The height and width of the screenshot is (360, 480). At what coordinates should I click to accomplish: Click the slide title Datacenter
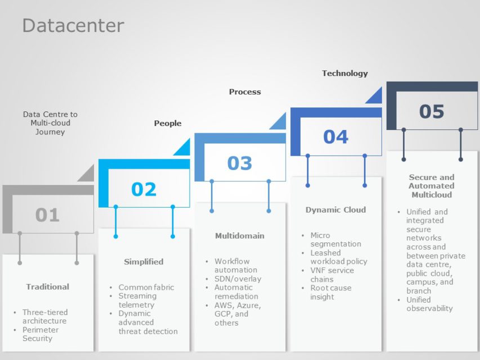73,25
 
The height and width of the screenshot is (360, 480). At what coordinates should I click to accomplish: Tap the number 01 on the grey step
47,214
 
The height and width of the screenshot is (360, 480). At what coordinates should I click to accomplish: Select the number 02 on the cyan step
143,189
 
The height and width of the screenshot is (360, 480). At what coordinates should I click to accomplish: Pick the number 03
240,163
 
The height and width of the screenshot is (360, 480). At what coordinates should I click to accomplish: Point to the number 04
336,137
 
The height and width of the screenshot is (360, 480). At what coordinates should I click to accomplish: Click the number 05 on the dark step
432,111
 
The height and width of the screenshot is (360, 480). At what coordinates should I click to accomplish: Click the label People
168,123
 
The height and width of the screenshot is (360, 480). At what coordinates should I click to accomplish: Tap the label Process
245,92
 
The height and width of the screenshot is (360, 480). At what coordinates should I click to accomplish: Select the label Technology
345,73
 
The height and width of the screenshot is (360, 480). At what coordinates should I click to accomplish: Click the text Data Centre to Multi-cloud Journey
51,123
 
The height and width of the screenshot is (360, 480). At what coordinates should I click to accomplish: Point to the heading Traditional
48,287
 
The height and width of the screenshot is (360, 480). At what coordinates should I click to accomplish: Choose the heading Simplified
143,262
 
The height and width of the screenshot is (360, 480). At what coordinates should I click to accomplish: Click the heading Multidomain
240,236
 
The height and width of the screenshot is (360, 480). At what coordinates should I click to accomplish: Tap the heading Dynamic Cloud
335,210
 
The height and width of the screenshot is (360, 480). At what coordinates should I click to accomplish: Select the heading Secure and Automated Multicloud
432,186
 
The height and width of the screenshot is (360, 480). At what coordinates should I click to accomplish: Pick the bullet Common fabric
146,287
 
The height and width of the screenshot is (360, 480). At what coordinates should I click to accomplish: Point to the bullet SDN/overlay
238,279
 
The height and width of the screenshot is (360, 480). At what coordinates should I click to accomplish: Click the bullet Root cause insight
331,292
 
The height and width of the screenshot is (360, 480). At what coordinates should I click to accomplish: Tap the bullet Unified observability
429,304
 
